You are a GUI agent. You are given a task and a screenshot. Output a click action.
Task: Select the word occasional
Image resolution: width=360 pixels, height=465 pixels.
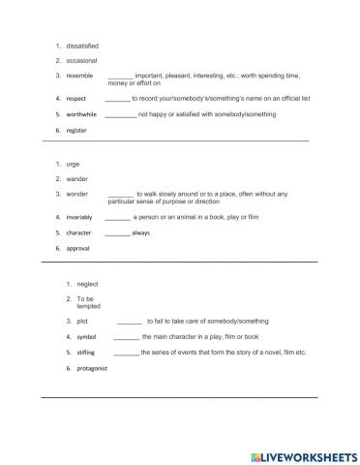coord(81,60)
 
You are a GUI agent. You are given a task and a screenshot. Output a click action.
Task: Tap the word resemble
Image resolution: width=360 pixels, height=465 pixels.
coord(79,76)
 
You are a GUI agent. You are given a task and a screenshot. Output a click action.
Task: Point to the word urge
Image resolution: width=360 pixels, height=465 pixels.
coord(73,164)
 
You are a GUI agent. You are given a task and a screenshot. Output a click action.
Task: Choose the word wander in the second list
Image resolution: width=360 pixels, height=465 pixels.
coord(76,178)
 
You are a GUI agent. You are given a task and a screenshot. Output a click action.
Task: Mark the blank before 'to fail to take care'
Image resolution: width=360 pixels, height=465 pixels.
coord(129,321)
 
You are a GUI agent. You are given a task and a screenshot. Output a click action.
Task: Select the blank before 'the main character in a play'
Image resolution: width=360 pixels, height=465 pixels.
coord(126,336)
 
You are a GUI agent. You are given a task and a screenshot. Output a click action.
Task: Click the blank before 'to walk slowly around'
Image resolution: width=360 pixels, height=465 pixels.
coord(120,195)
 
